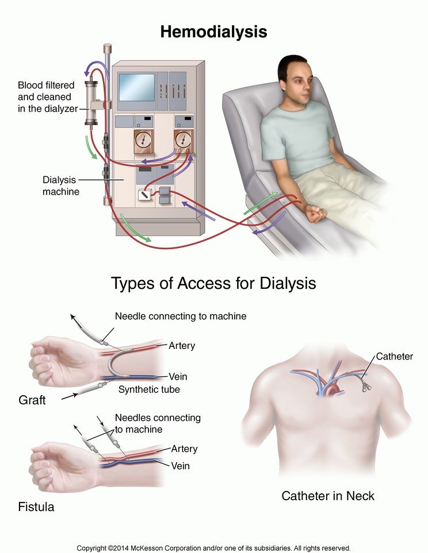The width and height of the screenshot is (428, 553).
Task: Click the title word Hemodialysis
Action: [213, 32]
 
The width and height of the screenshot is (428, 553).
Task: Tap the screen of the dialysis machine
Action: [136, 87]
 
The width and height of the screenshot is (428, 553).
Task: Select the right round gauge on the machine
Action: [183, 140]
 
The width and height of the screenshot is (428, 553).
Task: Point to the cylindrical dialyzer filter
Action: [91, 104]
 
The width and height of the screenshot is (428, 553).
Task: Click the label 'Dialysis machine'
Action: [61, 185]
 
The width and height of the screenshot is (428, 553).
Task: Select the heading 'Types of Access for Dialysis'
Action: [213, 284]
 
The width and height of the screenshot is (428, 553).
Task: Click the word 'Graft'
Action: [32, 400]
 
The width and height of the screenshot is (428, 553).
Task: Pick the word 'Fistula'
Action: [36, 507]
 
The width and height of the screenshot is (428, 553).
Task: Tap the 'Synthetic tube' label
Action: [149, 389]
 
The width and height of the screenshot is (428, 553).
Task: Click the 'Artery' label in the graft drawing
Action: [182, 346]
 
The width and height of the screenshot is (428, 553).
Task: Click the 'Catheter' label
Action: [394, 357]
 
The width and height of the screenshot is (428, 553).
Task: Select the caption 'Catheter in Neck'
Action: [328, 495]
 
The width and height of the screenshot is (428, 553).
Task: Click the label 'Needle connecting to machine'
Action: [181, 316]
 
